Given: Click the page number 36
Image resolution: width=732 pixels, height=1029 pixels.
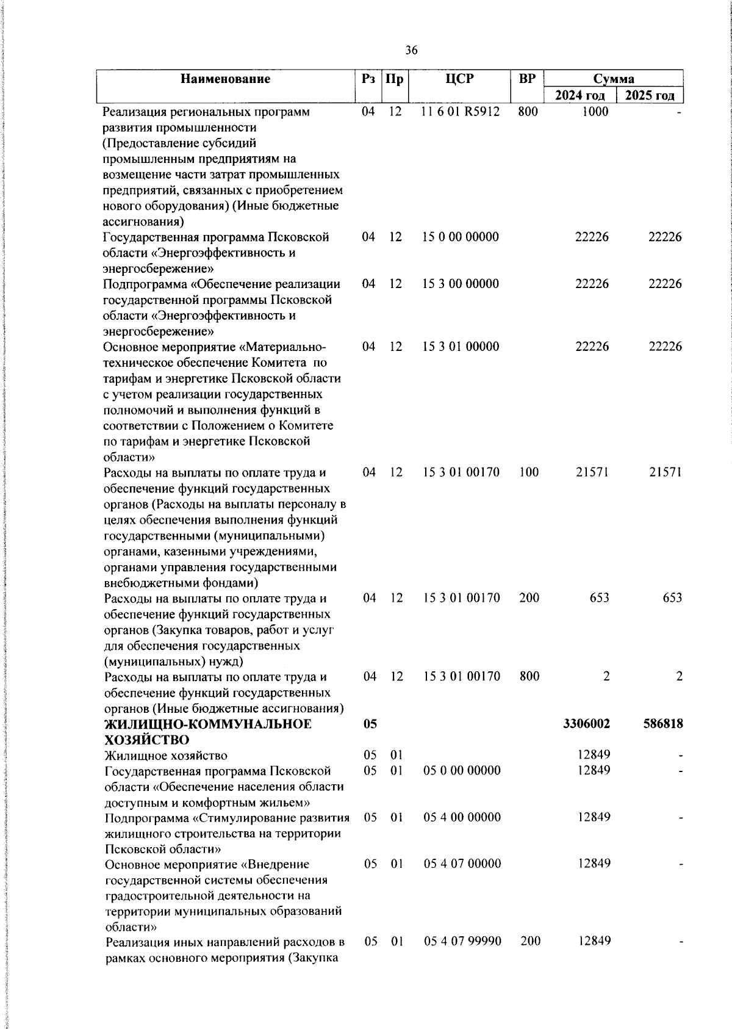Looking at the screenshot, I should pyautogui.click(x=411, y=51).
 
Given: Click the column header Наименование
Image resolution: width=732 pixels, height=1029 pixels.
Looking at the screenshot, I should pyautogui.click(x=226, y=79).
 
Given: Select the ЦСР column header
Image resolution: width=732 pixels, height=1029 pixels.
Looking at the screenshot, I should pyautogui.click(x=459, y=79).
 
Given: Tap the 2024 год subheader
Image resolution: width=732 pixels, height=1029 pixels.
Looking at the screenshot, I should pyautogui.click(x=579, y=95).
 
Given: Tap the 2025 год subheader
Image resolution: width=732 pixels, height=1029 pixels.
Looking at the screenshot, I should pyautogui.click(x=649, y=95).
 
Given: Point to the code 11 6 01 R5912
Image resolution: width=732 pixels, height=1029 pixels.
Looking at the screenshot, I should pyautogui.click(x=461, y=112).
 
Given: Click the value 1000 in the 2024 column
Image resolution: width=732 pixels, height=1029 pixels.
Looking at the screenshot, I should pyautogui.click(x=595, y=112).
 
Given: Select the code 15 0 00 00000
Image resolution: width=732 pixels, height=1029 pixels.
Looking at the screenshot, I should pyautogui.click(x=461, y=237).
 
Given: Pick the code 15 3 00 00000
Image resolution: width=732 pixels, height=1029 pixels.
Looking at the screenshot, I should pyautogui.click(x=461, y=284).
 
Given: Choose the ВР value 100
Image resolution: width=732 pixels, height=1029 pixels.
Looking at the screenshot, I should pyautogui.click(x=528, y=472).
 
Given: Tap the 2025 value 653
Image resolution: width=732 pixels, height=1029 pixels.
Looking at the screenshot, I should pyautogui.click(x=672, y=598).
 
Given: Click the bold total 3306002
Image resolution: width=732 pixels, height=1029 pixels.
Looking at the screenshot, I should pyautogui.click(x=586, y=724).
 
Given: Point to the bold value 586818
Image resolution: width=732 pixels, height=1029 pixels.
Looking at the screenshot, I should pyautogui.click(x=662, y=724).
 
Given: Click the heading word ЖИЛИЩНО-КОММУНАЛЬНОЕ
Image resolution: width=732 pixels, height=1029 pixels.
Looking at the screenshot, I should pyautogui.click(x=208, y=724).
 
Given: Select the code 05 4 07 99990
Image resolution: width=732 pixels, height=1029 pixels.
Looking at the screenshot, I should pyautogui.click(x=463, y=941).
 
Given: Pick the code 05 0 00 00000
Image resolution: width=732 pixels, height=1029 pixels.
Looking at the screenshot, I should pyautogui.click(x=462, y=770).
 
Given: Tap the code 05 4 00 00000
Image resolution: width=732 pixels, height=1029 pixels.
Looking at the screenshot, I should pyautogui.click(x=462, y=817).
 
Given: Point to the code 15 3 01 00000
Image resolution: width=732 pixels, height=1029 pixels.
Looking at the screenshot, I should pyautogui.click(x=461, y=347).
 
